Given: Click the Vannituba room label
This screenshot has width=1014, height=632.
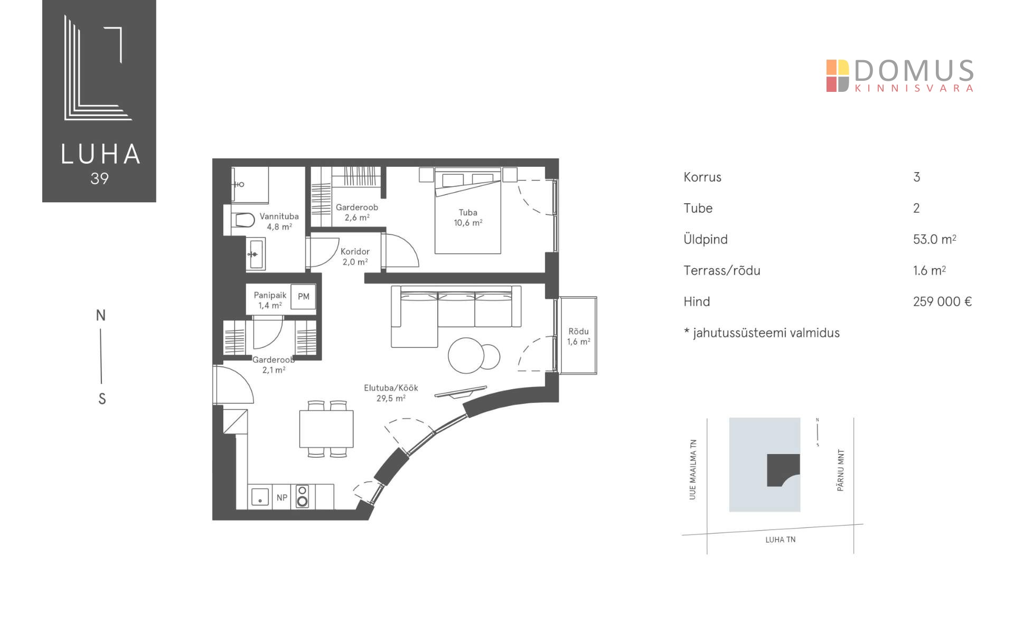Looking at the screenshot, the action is pyautogui.click(x=279, y=216).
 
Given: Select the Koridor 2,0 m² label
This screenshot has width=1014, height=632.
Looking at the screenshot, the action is pyautogui.click(x=355, y=257).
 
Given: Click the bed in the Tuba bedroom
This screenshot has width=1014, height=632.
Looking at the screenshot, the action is pyautogui.click(x=467, y=211).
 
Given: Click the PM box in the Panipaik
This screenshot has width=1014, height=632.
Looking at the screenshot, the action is pyautogui.click(x=303, y=297).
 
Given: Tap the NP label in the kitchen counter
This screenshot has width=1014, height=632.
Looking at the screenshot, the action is pyautogui.click(x=282, y=497).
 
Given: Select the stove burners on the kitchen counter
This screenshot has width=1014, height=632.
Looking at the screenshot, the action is pyautogui.click(x=302, y=496).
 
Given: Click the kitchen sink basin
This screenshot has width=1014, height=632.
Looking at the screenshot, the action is pyautogui.click(x=260, y=497).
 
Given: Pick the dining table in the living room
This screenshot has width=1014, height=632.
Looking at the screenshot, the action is pyautogui.click(x=326, y=429).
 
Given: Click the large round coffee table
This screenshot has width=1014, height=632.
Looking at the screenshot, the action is pyautogui.click(x=466, y=355).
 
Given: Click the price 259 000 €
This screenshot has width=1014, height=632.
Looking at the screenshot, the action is pyautogui.click(x=942, y=301).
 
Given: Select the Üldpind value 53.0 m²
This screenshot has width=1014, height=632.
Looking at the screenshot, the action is pyautogui.click(x=934, y=239).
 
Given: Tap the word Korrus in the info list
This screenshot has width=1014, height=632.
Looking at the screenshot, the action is pyautogui.click(x=702, y=177).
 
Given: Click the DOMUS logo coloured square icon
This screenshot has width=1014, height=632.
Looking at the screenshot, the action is pyautogui.click(x=838, y=76).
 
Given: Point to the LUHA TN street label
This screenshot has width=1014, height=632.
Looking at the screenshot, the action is pyautogui.click(x=780, y=540).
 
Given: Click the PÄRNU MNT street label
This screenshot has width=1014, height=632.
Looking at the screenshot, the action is pyautogui.click(x=841, y=470).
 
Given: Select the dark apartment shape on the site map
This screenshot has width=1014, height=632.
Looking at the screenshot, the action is pyautogui.click(x=783, y=469).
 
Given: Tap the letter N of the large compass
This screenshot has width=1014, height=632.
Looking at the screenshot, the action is pyautogui.click(x=101, y=316).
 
